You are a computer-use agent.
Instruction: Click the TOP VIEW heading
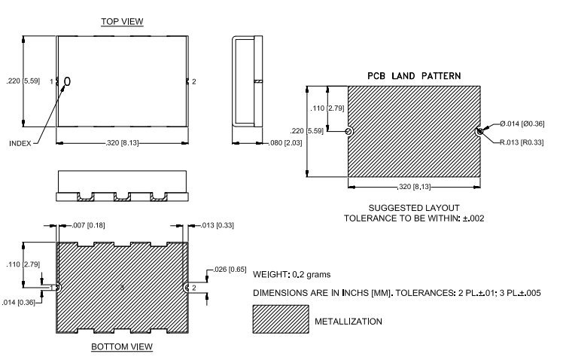(x=122, y=22)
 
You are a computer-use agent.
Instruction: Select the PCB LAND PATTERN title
(x=414, y=76)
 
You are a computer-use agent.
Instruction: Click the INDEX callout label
(x=20, y=143)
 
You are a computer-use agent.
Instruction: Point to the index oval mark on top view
(x=66, y=81)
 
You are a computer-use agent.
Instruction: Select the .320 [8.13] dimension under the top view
(x=122, y=143)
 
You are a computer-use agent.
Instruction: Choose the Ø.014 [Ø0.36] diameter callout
(x=525, y=124)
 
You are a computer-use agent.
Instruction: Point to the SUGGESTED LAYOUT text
(x=414, y=208)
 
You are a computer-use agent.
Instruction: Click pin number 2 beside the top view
(x=193, y=81)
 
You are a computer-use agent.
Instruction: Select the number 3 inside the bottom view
(x=121, y=288)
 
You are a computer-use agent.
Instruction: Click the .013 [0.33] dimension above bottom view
(x=219, y=225)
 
